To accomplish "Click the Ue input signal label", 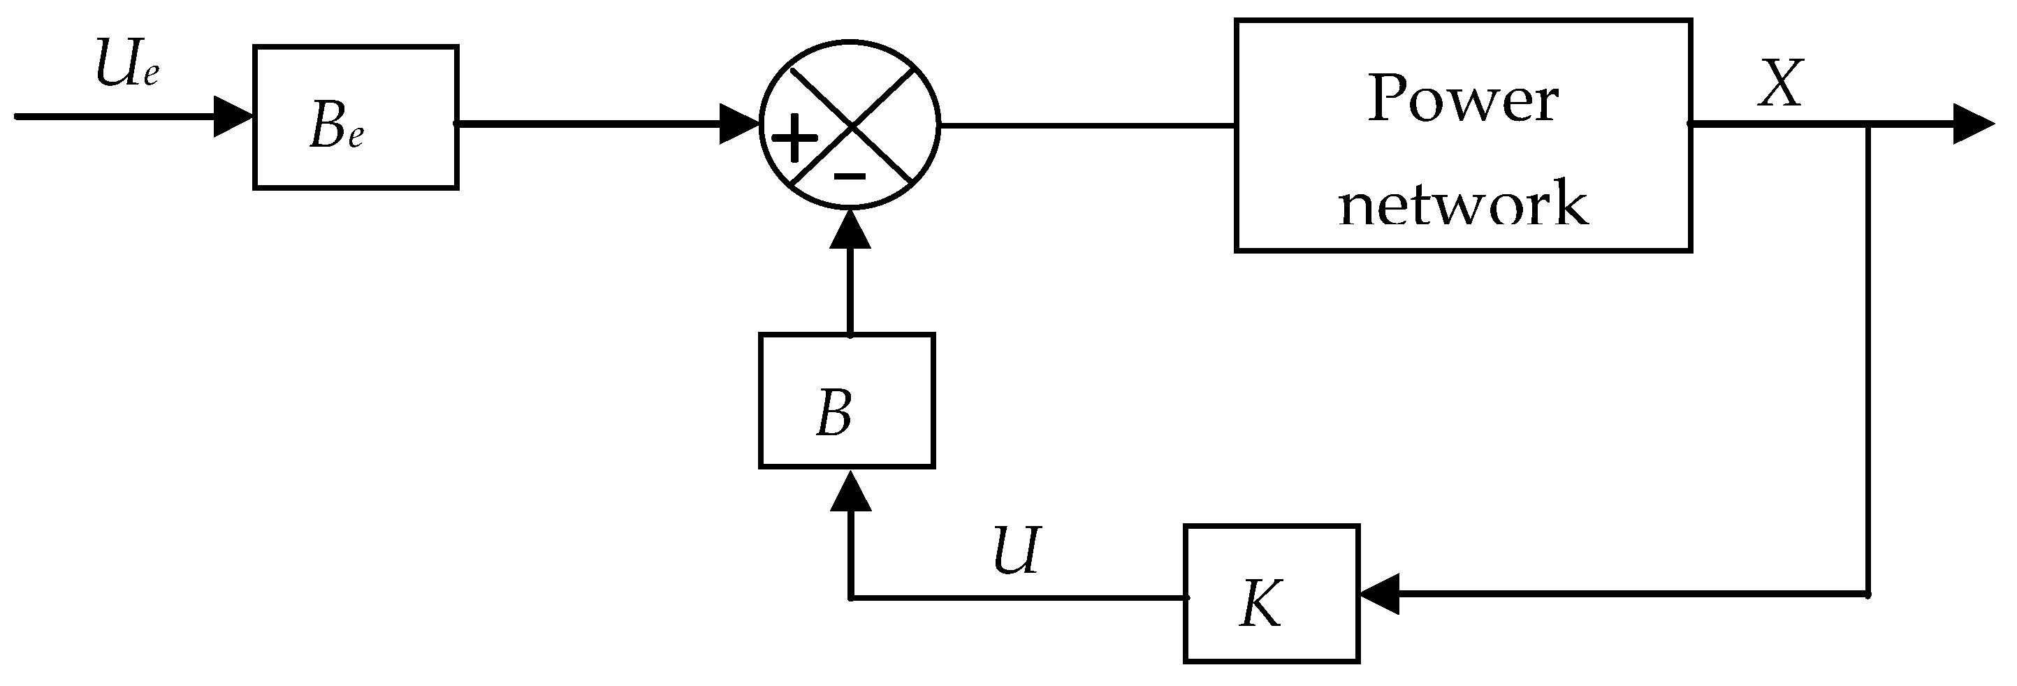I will [x=128, y=65].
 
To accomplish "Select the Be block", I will [x=356, y=117].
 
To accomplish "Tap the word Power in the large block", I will [x=1463, y=99].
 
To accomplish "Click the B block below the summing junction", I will [x=847, y=401].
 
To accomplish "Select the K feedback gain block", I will [x=1271, y=594].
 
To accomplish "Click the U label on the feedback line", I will [x=1017, y=551].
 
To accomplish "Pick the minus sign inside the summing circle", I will [x=850, y=176].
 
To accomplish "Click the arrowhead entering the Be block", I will [x=233, y=117].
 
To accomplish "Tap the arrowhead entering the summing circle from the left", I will [x=739, y=124].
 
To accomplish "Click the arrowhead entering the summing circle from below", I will [x=850, y=228].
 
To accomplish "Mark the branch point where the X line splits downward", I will [x=1869, y=124].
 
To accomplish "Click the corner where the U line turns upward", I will [x=851, y=597].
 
